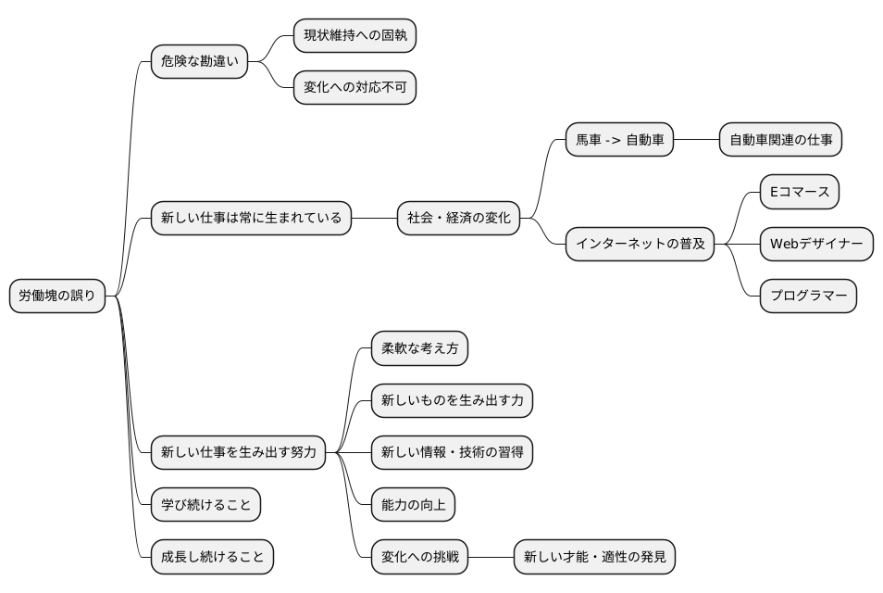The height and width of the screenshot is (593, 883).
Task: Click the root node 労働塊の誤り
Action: pyautogui.click(x=57, y=296)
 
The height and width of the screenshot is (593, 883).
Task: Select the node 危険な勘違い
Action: pyautogui.click(x=200, y=63)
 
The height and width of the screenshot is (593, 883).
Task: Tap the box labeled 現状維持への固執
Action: pyautogui.click(x=354, y=37)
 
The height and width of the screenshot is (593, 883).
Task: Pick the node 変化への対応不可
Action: pyautogui.click(x=354, y=89)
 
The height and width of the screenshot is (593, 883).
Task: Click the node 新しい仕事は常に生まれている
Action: pyautogui.click(x=251, y=220)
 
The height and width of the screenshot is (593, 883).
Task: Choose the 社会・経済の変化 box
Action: pyautogui.click(x=458, y=220)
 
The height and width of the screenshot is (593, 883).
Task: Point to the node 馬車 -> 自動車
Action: pyautogui.click(x=619, y=141)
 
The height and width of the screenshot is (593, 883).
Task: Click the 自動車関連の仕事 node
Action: pyautogui.click(x=780, y=141)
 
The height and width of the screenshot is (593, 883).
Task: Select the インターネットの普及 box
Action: pyautogui.click(x=640, y=245)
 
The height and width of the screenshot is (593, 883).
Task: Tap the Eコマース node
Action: pyautogui.click(x=800, y=193)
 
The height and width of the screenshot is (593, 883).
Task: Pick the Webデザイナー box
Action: pyautogui.click(x=816, y=245)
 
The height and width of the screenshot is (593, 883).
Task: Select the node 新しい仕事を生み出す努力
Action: pyautogui.click(x=238, y=453)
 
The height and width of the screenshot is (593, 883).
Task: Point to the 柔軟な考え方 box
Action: pyautogui.click(x=419, y=349)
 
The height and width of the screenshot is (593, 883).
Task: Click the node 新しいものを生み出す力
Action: pyautogui.click(x=452, y=401)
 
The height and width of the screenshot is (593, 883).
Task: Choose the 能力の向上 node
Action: pyautogui.click(x=412, y=505)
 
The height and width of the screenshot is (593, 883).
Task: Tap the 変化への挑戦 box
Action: pyautogui.click(x=419, y=557)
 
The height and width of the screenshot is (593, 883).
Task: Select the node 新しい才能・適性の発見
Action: pyautogui.click(x=594, y=557)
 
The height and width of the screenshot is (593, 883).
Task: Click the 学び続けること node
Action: pyautogui.click(x=205, y=505)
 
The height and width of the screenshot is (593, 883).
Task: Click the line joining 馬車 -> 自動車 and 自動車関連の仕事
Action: pyautogui.click(x=695, y=141)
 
